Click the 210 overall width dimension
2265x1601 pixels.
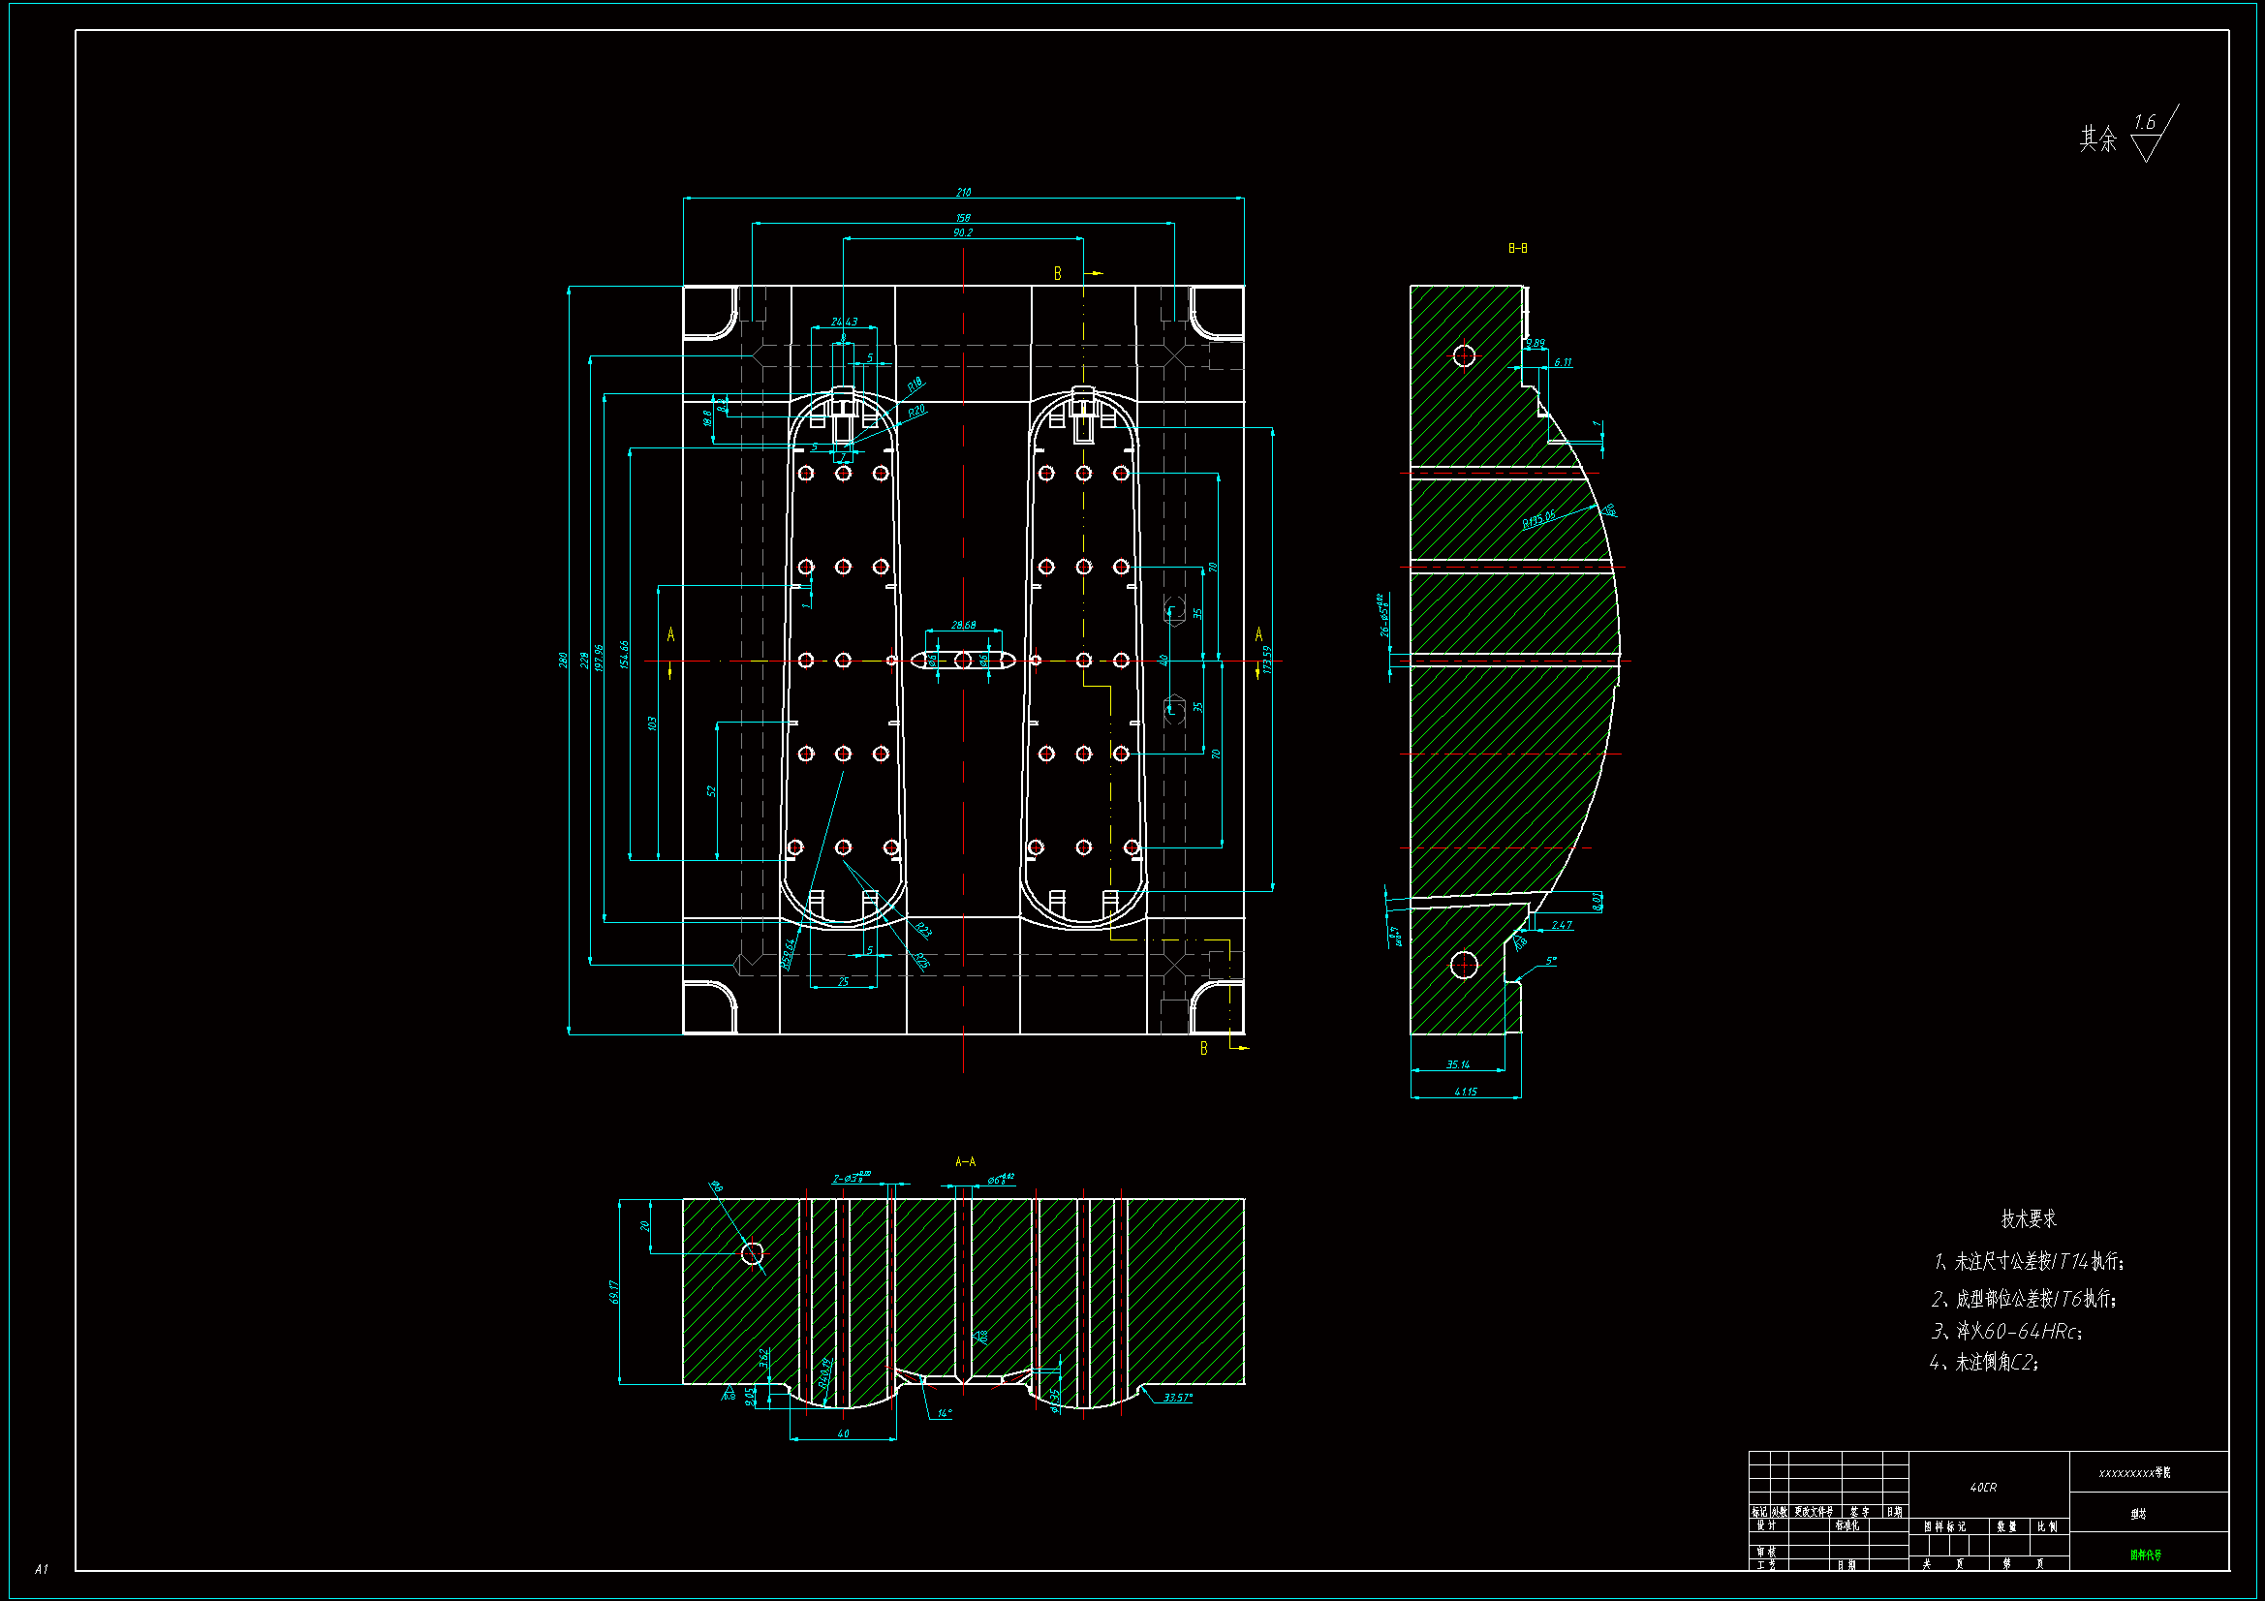963,193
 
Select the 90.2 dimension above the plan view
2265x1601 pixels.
963,232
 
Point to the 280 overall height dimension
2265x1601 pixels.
563,659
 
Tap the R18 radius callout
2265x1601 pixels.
915,384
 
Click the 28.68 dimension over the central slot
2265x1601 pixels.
964,625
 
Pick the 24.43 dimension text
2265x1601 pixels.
845,322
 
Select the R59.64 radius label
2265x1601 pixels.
789,954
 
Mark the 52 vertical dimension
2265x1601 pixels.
711,791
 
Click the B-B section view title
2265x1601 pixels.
1517,249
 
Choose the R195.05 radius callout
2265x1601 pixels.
1538,518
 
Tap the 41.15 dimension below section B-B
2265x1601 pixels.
1465,1092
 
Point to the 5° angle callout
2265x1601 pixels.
1551,961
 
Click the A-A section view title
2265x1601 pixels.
965,1162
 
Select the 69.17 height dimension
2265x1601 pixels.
614,1291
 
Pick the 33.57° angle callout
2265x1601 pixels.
1177,1398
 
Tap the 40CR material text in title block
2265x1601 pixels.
1983,1488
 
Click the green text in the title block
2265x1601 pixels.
2145,1555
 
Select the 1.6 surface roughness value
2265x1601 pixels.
2144,123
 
